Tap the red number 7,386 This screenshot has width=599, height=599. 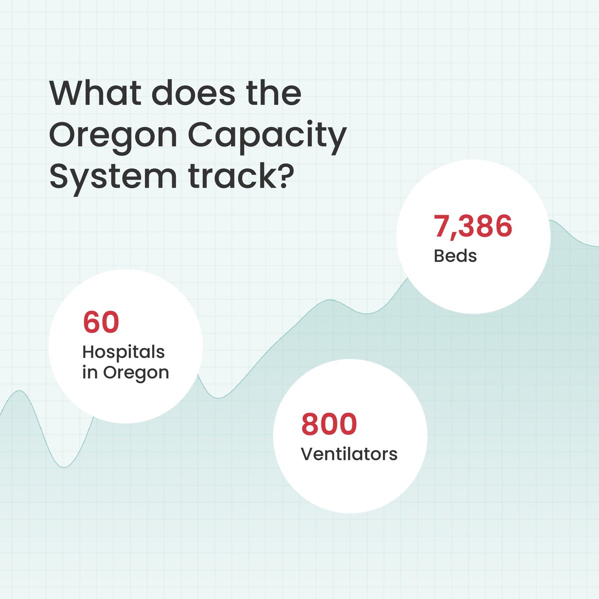pos(472,226)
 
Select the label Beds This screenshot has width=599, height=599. pos(455,256)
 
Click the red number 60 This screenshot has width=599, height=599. pos(101,322)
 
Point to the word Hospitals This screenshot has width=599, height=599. pos(123,352)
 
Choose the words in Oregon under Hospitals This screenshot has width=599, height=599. pos(125,372)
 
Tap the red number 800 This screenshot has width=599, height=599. pos(329,424)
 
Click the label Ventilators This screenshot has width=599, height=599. pos(349,454)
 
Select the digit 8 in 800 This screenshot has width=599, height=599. pos(310,424)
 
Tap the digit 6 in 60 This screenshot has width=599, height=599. pos(92,322)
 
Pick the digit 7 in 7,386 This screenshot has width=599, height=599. pos(443,226)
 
